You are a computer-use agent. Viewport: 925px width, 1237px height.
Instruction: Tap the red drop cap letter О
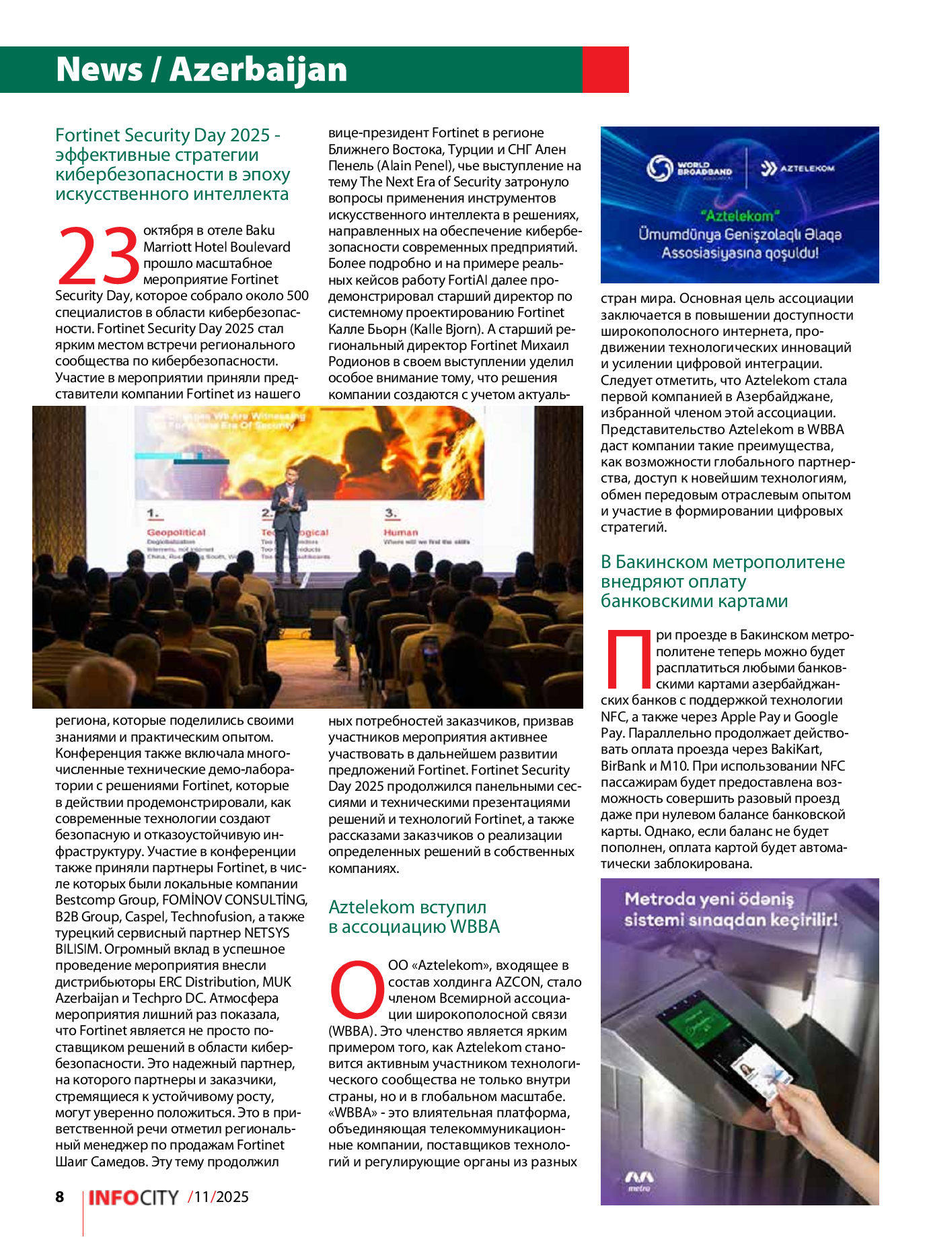pos(356,989)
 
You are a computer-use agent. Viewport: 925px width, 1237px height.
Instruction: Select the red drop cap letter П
pos(627,659)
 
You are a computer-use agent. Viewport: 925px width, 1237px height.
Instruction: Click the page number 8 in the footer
pos(60,1196)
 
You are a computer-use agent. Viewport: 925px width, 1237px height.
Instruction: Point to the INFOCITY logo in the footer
pos(133,1197)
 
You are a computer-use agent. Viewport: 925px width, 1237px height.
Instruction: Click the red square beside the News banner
pos(605,69)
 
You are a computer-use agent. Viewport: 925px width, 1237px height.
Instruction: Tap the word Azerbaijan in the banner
pos(258,69)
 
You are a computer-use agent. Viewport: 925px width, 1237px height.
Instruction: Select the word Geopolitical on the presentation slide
pos(176,532)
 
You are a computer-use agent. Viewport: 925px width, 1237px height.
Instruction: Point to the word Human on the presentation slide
pos(401,532)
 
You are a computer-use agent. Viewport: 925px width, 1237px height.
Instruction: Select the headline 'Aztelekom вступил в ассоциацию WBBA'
pos(414,917)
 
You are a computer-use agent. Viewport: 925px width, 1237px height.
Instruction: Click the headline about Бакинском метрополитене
pos(723,581)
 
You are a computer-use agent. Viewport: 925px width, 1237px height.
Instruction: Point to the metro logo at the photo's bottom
pos(638,1179)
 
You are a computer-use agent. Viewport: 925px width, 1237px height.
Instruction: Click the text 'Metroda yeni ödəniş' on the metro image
pos(709,899)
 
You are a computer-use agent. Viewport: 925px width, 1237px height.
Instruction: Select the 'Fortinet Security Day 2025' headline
pos(172,164)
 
